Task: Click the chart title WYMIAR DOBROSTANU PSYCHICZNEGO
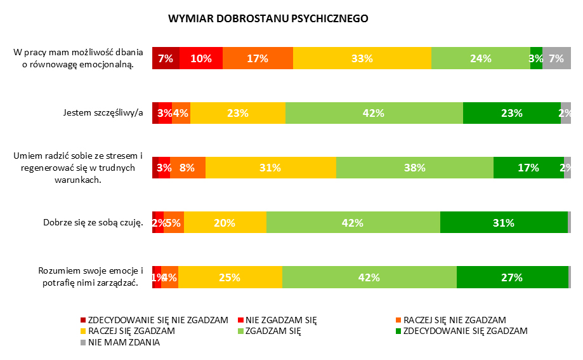pyautogui.click(x=268, y=19)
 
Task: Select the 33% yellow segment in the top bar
pyautogui.click(x=362, y=58)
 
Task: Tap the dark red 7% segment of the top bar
pyautogui.click(x=166, y=58)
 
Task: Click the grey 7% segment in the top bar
pyautogui.click(x=556, y=58)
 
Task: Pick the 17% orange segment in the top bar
pyautogui.click(x=258, y=58)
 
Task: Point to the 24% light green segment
pyautogui.click(x=480, y=58)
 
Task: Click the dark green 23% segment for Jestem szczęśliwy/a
pyautogui.click(x=511, y=113)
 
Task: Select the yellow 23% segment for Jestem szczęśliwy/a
pyautogui.click(x=237, y=113)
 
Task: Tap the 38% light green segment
pyautogui.click(x=414, y=168)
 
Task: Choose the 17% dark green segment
pyautogui.click(x=528, y=168)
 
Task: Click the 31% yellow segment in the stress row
pyautogui.click(x=270, y=168)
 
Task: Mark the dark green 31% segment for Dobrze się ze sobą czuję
pyautogui.click(x=504, y=223)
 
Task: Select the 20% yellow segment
pyautogui.click(x=225, y=223)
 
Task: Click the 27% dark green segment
pyautogui.click(x=511, y=277)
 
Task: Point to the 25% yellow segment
pyautogui.click(x=230, y=277)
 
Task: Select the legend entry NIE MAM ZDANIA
pyautogui.click(x=124, y=342)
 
